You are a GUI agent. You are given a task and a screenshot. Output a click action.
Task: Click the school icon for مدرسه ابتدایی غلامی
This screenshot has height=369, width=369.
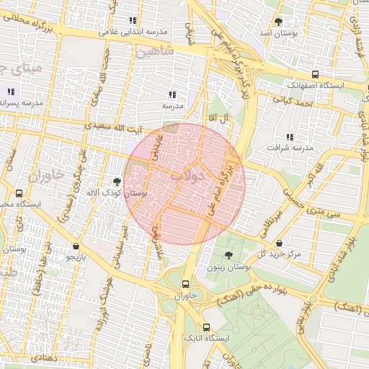132,21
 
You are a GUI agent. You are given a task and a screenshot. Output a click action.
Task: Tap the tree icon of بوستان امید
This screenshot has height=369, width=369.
279,22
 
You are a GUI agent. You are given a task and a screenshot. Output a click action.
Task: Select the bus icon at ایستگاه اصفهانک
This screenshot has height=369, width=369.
315,74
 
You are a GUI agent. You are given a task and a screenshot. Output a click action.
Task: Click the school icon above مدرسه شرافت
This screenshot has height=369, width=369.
290,136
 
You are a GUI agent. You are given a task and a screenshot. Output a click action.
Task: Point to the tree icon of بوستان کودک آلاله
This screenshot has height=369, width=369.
117,182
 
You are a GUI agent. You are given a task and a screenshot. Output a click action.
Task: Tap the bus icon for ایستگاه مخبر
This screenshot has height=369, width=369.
19,193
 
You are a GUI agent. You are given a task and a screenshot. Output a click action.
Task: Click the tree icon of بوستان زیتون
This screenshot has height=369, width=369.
228,256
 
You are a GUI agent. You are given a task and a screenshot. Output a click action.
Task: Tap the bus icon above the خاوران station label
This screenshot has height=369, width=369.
186,284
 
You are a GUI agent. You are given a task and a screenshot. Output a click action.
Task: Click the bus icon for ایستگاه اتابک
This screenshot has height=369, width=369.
207,326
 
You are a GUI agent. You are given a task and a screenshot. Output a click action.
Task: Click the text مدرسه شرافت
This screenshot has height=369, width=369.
291,148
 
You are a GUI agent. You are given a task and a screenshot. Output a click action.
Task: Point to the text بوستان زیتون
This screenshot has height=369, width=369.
228,267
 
